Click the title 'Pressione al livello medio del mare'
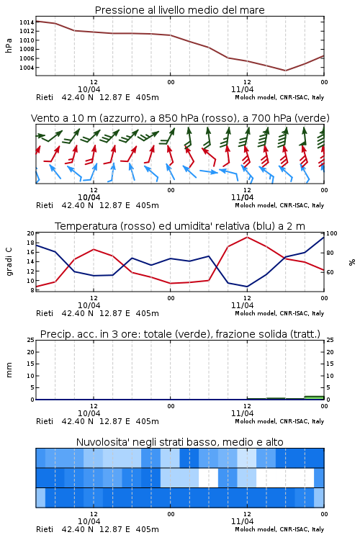click(x=179, y=10)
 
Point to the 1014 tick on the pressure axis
click(x=26, y=22)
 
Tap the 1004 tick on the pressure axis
click(x=26, y=68)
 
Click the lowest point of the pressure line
click(x=285, y=71)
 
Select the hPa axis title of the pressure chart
click(x=9, y=45)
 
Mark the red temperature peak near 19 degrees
click(x=247, y=238)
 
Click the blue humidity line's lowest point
click(x=247, y=287)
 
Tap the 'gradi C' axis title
click(x=9, y=261)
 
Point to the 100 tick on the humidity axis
click(x=332, y=233)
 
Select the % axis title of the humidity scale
click(x=352, y=262)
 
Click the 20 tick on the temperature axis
click(x=31, y=233)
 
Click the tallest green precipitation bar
click(x=314, y=397)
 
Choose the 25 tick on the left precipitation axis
click(x=31, y=340)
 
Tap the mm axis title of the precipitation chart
click(x=9, y=369)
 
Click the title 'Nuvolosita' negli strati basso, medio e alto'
click(x=179, y=442)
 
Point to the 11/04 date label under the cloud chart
click(x=242, y=521)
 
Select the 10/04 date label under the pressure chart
click(x=89, y=89)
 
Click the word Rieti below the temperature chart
click(x=45, y=313)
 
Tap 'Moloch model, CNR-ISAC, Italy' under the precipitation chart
click(x=279, y=421)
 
